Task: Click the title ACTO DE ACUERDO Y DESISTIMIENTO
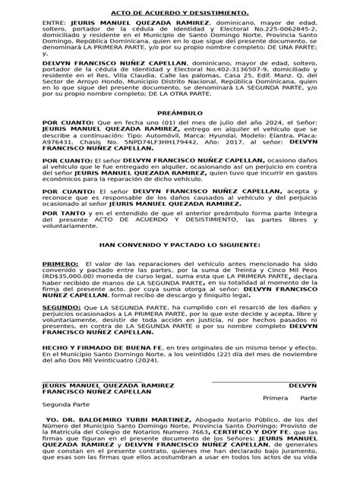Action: point(179,13)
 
